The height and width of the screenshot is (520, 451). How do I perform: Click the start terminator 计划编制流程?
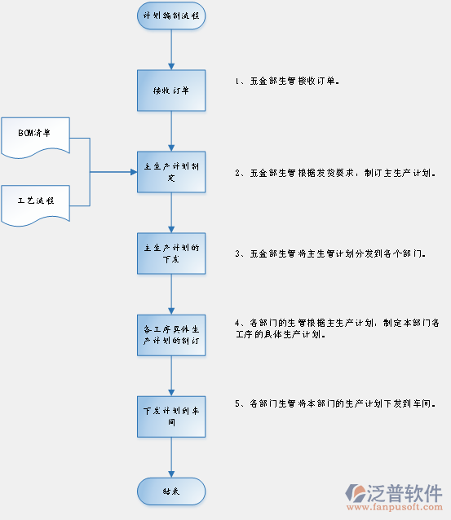pos(170,15)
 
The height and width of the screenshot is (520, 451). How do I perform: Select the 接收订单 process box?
pos(170,90)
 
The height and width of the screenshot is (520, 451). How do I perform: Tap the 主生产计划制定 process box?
pos(170,172)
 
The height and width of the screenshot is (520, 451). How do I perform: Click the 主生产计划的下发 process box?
pos(170,253)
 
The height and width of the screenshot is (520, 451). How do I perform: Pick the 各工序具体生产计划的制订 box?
pos(170,333)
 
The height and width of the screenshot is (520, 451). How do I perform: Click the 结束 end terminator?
pos(170,491)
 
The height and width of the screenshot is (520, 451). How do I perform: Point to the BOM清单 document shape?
pos(35,137)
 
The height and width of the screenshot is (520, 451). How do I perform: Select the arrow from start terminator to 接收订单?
pos(170,49)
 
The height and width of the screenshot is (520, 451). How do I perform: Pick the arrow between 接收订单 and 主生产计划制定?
pos(170,130)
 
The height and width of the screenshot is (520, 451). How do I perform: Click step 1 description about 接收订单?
pos(286,82)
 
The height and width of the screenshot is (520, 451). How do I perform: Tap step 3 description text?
pos(330,254)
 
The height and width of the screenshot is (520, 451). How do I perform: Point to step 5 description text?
pos(334,403)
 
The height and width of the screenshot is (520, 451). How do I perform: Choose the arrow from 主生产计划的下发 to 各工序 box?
pos(170,293)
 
